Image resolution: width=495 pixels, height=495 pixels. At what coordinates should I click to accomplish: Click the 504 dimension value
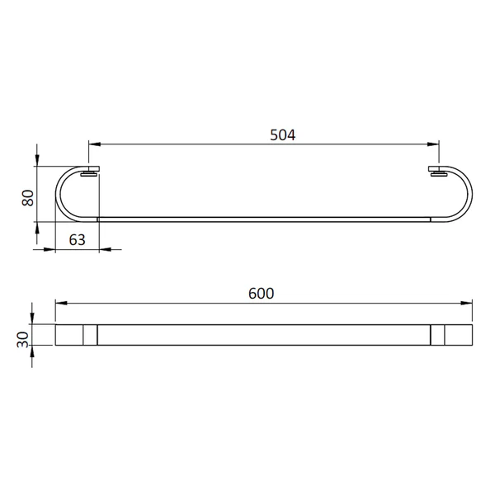(282, 135)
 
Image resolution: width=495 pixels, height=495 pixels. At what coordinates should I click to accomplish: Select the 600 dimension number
(261, 294)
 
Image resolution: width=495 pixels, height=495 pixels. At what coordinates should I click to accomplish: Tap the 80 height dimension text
(28, 198)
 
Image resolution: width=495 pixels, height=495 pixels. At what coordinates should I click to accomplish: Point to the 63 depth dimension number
(78, 240)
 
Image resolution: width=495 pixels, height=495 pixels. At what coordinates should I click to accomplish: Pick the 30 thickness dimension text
(23, 340)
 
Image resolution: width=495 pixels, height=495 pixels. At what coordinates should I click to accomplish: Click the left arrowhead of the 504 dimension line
(94, 144)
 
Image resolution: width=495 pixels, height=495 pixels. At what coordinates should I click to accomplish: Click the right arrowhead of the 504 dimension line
(433, 144)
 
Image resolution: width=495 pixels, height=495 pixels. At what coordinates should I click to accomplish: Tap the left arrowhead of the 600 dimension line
(61, 303)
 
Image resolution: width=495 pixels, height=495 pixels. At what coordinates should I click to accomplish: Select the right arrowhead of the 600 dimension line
(466, 303)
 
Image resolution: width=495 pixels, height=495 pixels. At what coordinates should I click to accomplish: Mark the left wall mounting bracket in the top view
(90, 171)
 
